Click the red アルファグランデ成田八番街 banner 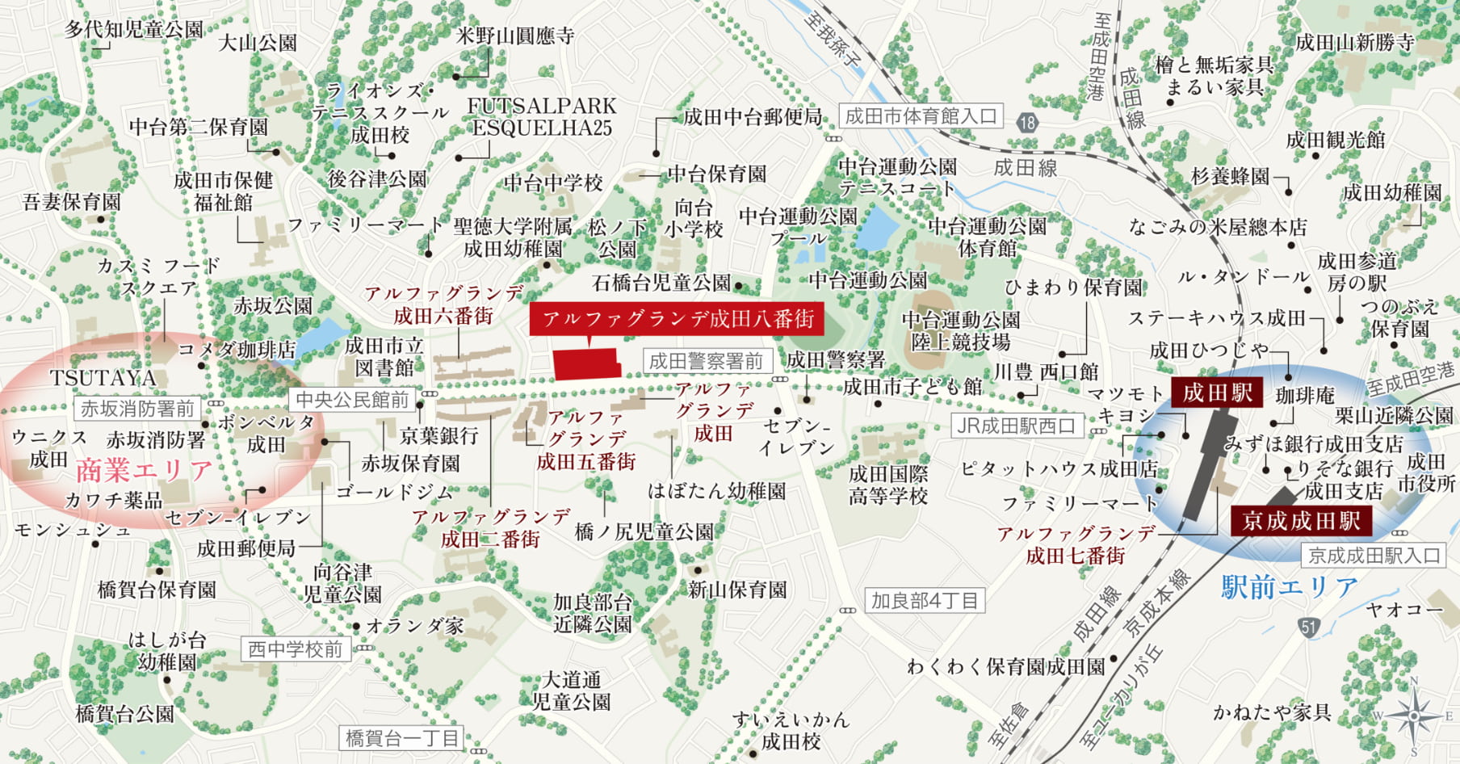[x=677, y=319]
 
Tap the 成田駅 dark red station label [x=1217, y=393]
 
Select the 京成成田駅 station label [x=1301, y=521]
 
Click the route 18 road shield [x=1027, y=123]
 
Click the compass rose [x=1414, y=715]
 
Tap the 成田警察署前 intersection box [x=706, y=361]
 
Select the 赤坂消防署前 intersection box [x=138, y=409]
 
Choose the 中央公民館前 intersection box [x=352, y=399]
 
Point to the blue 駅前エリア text [x=1289, y=586]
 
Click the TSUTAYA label [x=103, y=378]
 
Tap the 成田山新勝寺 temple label [x=1354, y=43]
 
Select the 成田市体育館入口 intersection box [x=921, y=116]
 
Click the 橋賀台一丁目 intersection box [x=401, y=737]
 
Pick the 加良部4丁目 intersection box [x=924, y=601]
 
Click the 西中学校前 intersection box [x=295, y=649]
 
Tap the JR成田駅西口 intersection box [x=1016, y=426]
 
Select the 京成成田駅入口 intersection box [x=1374, y=556]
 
